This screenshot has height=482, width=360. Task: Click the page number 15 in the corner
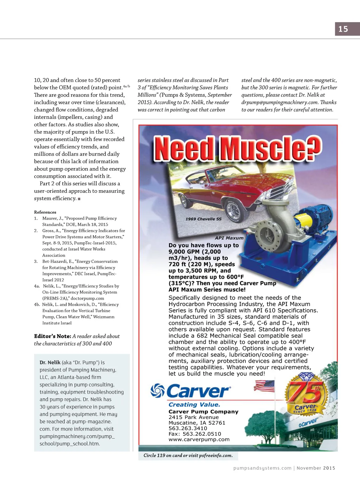click(x=343, y=29)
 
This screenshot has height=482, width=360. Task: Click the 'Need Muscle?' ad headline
click(x=238, y=148)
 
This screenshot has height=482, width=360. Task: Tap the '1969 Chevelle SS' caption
click(x=204, y=219)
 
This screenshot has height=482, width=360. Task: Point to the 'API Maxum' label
click(x=229, y=238)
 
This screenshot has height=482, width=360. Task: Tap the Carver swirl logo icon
click(x=157, y=391)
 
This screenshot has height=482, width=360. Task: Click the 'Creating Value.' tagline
click(x=194, y=405)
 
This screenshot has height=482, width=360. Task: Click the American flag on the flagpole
click(x=264, y=386)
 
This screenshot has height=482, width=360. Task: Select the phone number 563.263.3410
click(x=188, y=428)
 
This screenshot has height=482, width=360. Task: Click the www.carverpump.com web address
click(x=199, y=439)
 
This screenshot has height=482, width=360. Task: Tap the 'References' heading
click(x=45, y=212)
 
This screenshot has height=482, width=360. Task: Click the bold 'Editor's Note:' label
click(x=52, y=336)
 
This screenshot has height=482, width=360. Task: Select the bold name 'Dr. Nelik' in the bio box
click(x=50, y=362)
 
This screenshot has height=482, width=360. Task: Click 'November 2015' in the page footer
click(x=316, y=468)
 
